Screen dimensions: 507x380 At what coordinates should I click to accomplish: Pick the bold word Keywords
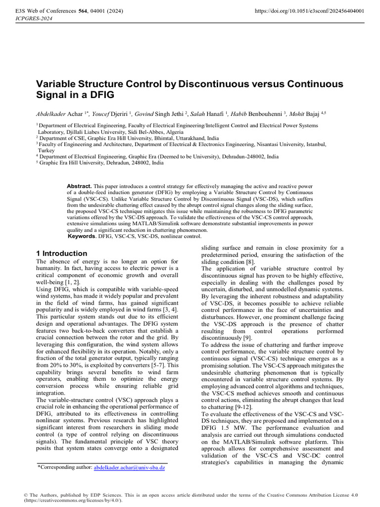coord(81,236)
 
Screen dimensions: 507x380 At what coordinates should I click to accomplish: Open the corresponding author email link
coord(129,467)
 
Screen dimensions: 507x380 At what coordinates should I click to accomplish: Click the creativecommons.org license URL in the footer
coord(69,501)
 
